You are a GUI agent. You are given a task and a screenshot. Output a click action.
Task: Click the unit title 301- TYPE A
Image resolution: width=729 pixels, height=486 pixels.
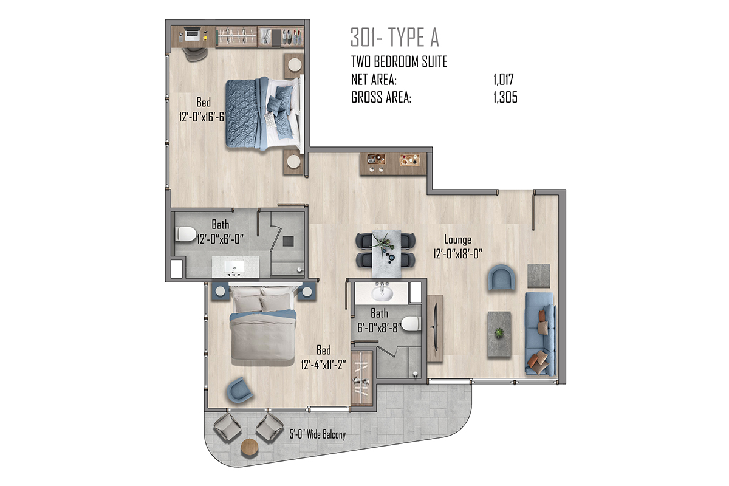(x=394, y=38)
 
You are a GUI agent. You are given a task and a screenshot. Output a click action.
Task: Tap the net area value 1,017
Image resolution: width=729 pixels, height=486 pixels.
(x=503, y=80)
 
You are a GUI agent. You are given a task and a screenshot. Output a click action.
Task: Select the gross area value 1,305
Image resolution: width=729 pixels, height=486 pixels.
(x=505, y=97)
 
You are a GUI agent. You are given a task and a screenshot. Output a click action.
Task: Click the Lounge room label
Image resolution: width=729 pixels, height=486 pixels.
(x=457, y=240)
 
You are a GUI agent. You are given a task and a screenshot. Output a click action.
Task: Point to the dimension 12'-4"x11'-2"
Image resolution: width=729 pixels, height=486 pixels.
(x=323, y=364)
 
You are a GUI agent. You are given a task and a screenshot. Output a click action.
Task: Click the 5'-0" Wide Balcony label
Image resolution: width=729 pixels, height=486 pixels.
(x=317, y=434)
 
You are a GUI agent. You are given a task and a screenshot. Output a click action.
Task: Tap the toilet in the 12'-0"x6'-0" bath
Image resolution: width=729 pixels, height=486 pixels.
(x=185, y=234)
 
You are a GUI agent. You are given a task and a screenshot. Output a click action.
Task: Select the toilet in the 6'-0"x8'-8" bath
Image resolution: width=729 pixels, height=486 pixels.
(x=411, y=324)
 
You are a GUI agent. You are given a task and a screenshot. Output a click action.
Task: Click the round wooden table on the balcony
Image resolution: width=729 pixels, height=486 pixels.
(x=250, y=448)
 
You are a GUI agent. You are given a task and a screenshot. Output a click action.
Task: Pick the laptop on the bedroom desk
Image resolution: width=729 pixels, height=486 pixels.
(x=192, y=35)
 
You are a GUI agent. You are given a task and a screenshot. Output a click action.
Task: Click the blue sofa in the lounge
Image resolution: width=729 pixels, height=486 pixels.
(x=540, y=334)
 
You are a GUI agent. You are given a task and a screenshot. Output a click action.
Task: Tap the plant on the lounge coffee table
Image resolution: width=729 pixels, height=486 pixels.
(x=499, y=333)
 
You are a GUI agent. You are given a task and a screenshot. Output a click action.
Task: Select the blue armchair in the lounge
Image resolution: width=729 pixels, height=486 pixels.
(x=501, y=278)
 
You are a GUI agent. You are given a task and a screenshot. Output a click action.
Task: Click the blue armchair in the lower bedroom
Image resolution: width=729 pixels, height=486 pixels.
(x=239, y=390)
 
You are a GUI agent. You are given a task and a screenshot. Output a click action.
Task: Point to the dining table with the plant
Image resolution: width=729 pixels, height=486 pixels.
(x=386, y=253)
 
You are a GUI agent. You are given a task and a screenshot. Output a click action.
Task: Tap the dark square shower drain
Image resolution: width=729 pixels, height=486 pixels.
(x=288, y=241)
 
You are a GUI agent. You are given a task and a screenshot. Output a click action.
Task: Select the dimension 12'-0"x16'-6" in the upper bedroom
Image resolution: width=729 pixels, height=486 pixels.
(x=202, y=117)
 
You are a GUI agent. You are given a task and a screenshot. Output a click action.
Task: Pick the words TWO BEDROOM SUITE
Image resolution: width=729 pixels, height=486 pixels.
(x=399, y=61)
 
